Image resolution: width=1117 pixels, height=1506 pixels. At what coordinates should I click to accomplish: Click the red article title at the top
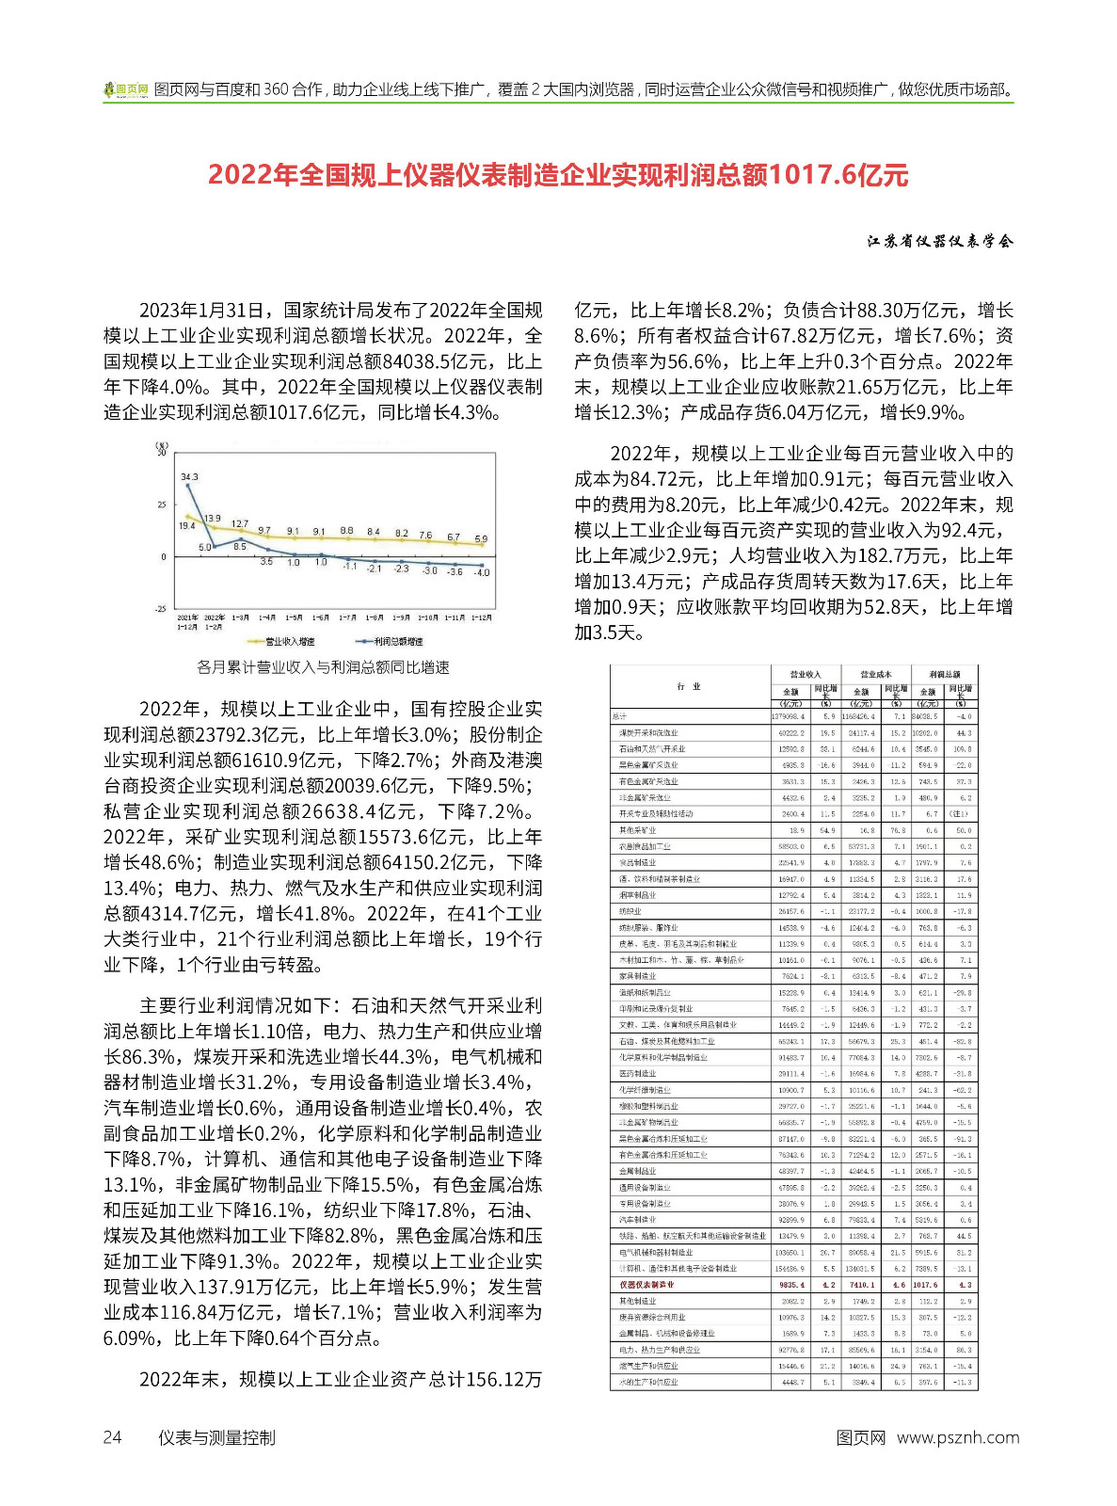click(x=558, y=175)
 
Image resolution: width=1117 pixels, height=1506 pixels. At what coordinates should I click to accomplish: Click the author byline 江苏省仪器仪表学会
click(x=940, y=242)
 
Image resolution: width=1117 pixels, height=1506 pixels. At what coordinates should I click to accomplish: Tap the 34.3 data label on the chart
click(x=189, y=477)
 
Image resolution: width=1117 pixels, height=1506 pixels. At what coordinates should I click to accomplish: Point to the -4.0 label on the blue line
click(x=482, y=572)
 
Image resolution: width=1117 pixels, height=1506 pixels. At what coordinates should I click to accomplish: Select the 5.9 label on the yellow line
click(x=481, y=539)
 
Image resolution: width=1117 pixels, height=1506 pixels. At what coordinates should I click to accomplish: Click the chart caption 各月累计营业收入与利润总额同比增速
click(x=323, y=667)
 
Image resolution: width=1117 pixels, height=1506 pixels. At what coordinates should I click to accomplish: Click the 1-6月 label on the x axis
click(x=321, y=617)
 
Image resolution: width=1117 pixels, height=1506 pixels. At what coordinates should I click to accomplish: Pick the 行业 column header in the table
click(x=689, y=687)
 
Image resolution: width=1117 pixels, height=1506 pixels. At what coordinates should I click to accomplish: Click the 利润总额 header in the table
click(x=944, y=674)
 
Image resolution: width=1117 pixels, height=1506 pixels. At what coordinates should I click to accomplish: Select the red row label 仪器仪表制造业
click(x=646, y=1285)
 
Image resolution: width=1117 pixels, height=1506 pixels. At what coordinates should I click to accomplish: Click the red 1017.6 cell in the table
click(x=925, y=1285)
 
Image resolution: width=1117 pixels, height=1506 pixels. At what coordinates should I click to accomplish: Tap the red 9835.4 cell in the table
click(x=791, y=1285)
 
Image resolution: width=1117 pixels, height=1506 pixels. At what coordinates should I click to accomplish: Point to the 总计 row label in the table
click(x=619, y=716)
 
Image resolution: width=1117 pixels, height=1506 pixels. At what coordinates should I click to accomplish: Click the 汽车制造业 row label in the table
click(x=638, y=1220)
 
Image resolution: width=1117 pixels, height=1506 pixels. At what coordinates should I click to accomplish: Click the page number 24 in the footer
click(x=112, y=1437)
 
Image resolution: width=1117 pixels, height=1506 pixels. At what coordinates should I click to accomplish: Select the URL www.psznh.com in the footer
click(x=957, y=1437)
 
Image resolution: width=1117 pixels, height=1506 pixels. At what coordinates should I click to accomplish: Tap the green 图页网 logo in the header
click(x=126, y=90)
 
